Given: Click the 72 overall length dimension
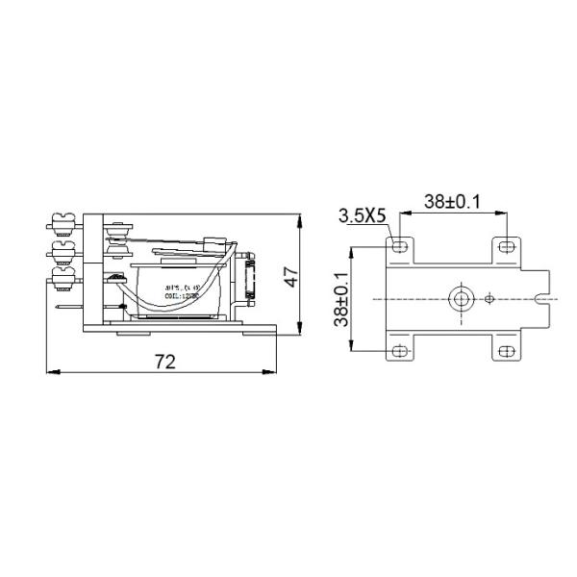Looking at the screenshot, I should coord(165,362).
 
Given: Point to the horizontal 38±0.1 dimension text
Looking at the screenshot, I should coord(453,202).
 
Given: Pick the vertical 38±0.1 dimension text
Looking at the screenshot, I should coord(341,298).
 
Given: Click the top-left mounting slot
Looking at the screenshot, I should coord(401,247).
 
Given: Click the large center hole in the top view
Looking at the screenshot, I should coord(462,298).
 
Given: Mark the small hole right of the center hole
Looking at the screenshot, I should coord(489,298).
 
